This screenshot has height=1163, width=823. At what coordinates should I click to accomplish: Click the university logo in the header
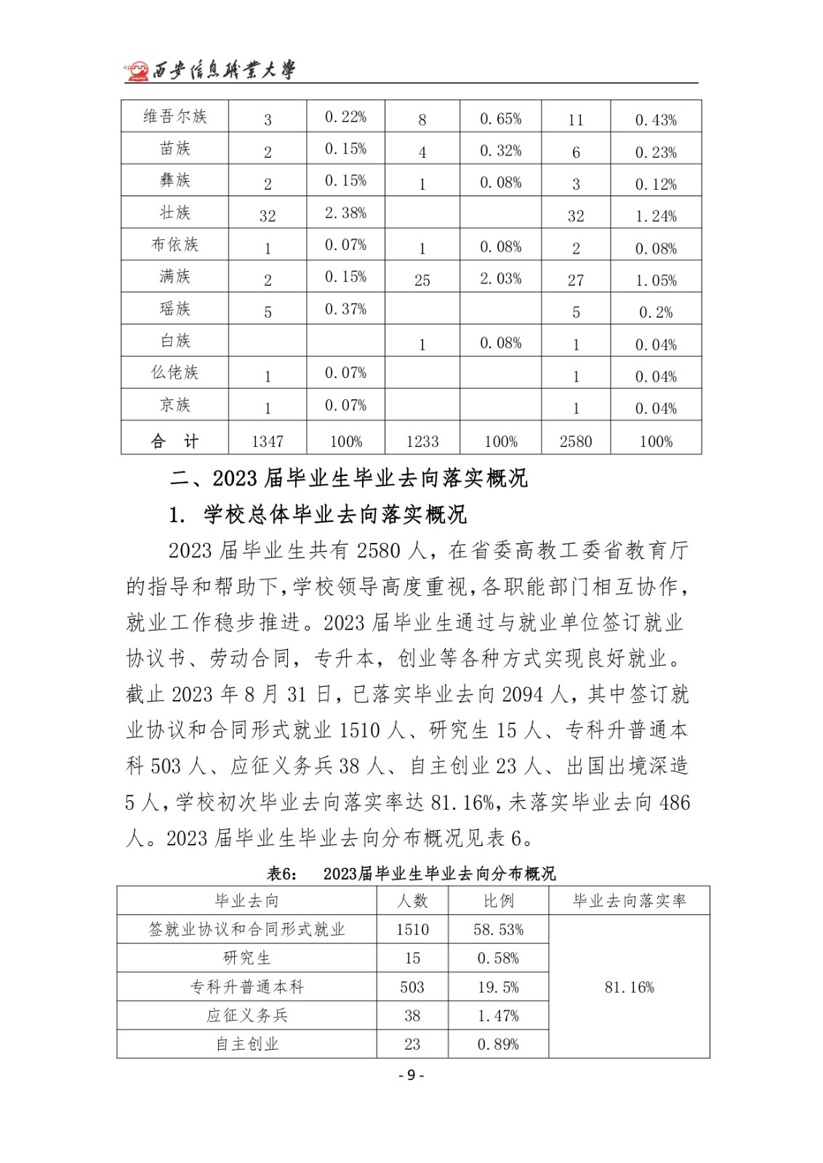click(137, 71)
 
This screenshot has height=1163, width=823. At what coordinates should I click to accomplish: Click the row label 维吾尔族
click(174, 116)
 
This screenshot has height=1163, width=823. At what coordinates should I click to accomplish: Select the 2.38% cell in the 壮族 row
click(345, 213)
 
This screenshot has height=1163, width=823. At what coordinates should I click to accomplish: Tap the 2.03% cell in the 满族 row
click(500, 278)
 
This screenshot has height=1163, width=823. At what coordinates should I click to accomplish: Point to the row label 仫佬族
click(174, 372)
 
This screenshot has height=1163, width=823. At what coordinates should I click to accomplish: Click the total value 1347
click(268, 441)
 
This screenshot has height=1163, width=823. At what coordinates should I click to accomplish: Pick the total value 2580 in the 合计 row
click(576, 441)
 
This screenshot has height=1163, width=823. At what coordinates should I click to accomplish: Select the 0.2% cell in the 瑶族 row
click(656, 313)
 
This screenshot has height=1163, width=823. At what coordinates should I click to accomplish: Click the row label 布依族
click(174, 244)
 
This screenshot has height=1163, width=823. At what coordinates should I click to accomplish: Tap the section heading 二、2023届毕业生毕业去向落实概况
click(348, 478)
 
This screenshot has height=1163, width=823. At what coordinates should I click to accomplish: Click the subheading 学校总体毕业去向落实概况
click(335, 515)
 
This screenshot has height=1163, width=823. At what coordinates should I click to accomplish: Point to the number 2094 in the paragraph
click(522, 695)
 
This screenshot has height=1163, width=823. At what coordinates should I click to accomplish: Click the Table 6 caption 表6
click(282, 874)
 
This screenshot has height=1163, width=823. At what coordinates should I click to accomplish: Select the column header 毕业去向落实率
click(629, 901)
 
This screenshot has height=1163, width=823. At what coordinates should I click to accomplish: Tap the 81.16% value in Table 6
click(629, 987)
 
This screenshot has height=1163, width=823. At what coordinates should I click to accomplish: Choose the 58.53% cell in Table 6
click(498, 930)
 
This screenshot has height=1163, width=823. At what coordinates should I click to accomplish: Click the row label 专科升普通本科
click(246, 987)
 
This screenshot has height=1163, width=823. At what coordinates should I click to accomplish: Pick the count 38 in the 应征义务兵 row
click(412, 1015)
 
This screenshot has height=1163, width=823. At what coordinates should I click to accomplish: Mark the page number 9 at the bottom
click(411, 1075)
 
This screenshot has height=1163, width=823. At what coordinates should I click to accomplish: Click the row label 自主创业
click(246, 1045)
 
